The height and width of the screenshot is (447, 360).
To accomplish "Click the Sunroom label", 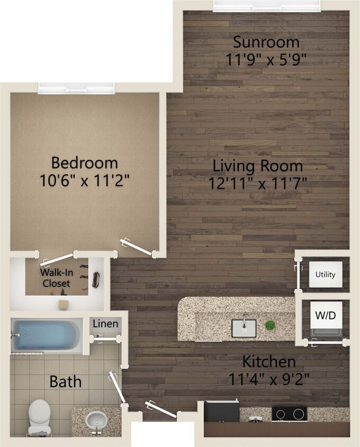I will point(266,42).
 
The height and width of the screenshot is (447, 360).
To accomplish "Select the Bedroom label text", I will point(85,162).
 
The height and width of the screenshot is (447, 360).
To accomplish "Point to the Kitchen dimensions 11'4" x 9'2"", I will point(268,379).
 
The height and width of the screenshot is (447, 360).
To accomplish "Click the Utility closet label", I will point(325,274).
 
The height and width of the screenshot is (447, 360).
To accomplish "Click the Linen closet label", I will point(106,324).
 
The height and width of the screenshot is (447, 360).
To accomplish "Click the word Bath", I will point(66,381).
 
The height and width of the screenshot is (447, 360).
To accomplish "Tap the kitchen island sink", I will point(244,328).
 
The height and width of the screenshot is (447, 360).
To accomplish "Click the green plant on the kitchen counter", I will point(270,325).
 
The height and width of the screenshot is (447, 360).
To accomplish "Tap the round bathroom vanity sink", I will point(96,420).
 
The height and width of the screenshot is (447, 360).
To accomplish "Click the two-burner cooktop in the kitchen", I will point(289,413).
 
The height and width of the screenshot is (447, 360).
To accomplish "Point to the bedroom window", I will point(76,88).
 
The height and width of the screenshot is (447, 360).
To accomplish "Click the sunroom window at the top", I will point(266,5).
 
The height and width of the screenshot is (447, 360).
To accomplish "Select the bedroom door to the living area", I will point(138,247).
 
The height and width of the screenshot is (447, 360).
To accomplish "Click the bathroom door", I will point(118,388).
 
